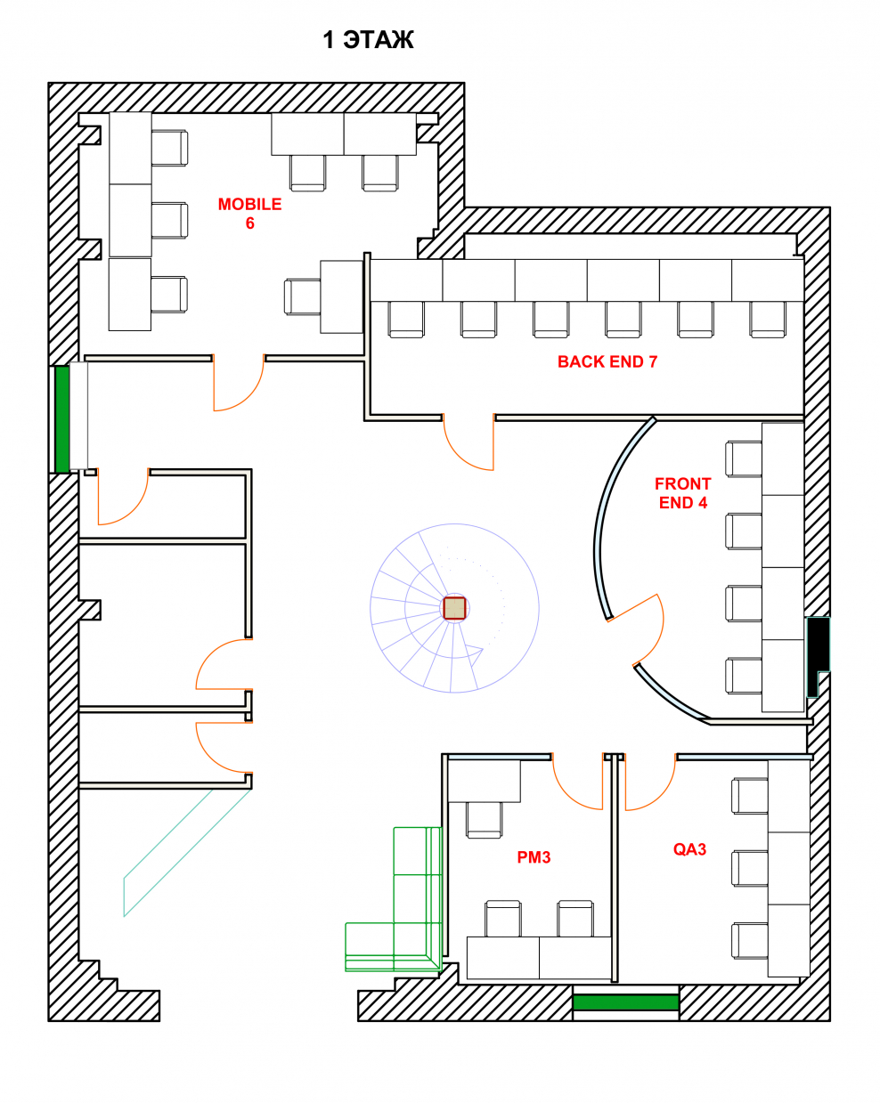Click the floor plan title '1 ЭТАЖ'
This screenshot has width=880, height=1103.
pos(368,39)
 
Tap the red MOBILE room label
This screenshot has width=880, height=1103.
pos(249,204)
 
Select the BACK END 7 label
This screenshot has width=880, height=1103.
pos(607,361)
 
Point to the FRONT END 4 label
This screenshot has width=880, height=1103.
pos(682,493)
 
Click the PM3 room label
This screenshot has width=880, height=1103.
pos(534,857)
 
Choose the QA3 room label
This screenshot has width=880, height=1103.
pos(689,849)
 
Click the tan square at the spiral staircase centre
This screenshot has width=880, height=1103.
pos(454,608)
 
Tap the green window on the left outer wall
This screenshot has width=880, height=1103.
pos(62,418)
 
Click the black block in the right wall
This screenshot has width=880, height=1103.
pos(818,655)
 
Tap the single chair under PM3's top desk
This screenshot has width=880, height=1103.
pos(485,820)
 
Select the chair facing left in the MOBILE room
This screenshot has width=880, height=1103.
pos(303,296)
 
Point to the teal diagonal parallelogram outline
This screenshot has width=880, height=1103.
pos(188,852)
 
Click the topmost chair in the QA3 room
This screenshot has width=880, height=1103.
pos(749,796)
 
